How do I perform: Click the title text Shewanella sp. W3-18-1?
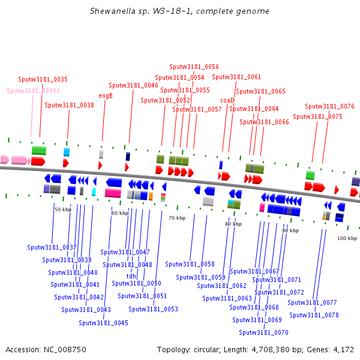(179, 11)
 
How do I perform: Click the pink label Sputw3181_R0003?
(34, 91)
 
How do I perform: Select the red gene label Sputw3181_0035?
(43, 79)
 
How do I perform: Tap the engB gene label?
(106, 95)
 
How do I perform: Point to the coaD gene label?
(227, 100)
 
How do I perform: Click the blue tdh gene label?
(131, 276)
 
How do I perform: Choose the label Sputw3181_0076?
(329, 106)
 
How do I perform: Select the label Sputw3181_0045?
(103, 323)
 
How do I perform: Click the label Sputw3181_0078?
(314, 315)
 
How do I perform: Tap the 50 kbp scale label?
(63, 209)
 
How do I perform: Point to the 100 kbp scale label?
(347, 238)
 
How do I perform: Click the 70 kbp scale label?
(177, 218)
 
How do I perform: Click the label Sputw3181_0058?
(190, 264)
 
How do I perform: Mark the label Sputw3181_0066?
(264, 122)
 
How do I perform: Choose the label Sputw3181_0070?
(263, 332)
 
